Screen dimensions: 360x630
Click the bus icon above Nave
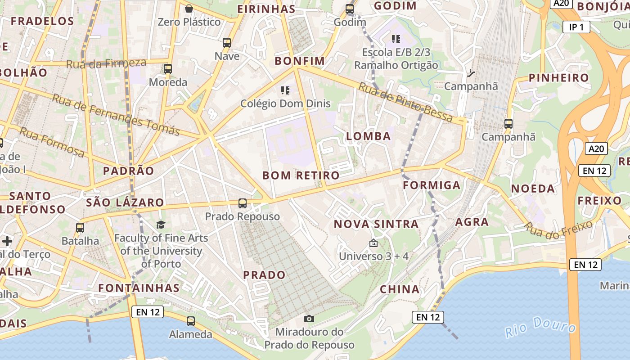click(227, 43)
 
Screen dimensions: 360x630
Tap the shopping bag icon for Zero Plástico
click(189, 8)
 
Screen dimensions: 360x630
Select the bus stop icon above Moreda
click(168, 69)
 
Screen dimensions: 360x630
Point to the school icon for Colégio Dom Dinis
click(285, 90)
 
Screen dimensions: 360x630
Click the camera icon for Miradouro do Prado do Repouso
click(309, 319)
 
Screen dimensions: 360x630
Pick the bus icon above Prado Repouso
click(243, 203)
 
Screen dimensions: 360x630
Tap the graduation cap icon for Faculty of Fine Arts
click(161, 225)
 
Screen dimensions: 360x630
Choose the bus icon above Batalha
click(80, 228)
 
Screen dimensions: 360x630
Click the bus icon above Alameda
click(191, 321)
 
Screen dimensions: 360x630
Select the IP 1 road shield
click(576, 27)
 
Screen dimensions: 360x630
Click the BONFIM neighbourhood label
click(299, 61)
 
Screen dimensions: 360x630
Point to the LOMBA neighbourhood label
click(369, 136)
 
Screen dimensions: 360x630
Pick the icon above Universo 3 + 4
click(373, 243)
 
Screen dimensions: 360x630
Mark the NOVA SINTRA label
click(376, 224)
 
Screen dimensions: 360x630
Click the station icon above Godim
click(350, 9)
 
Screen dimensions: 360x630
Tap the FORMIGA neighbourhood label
click(432, 185)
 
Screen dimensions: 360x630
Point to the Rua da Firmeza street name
click(106, 63)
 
